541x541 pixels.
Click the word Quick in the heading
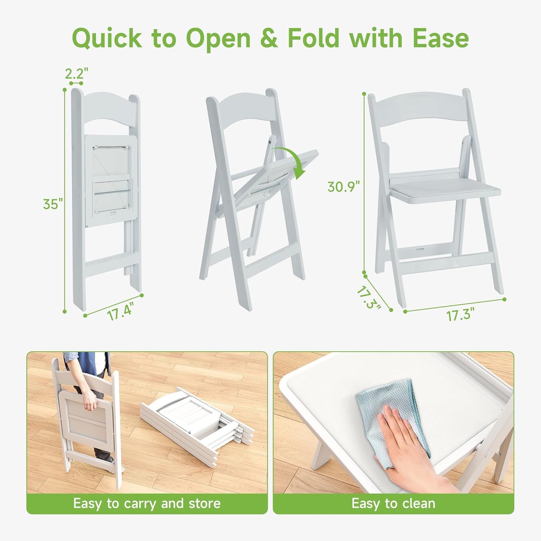107,38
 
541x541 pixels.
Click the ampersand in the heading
269,38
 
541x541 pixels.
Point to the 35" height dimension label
52,204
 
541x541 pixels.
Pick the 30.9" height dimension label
343,186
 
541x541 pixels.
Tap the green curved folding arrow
294,161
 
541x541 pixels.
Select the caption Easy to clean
393,504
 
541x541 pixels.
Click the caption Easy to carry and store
147,504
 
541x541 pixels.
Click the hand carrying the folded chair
90,401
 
